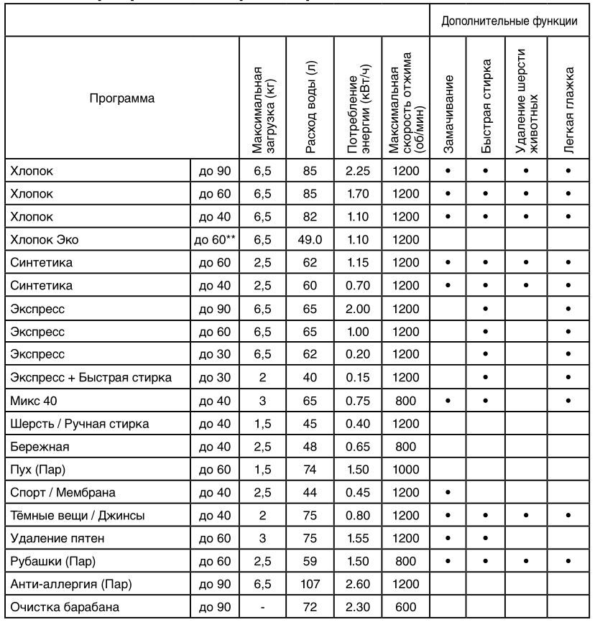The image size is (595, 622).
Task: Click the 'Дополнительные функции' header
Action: click(x=510, y=22)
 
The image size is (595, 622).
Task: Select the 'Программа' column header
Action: click(x=121, y=97)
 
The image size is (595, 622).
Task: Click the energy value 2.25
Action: click(x=357, y=172)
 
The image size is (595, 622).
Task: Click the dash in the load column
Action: click(x=263, y=608)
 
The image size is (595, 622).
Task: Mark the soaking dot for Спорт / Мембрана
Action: click(x=448, y=493)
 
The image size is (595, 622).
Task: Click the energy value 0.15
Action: click(x=357, y=377)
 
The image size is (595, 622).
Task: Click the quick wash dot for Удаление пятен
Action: click(x=486, y=539)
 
